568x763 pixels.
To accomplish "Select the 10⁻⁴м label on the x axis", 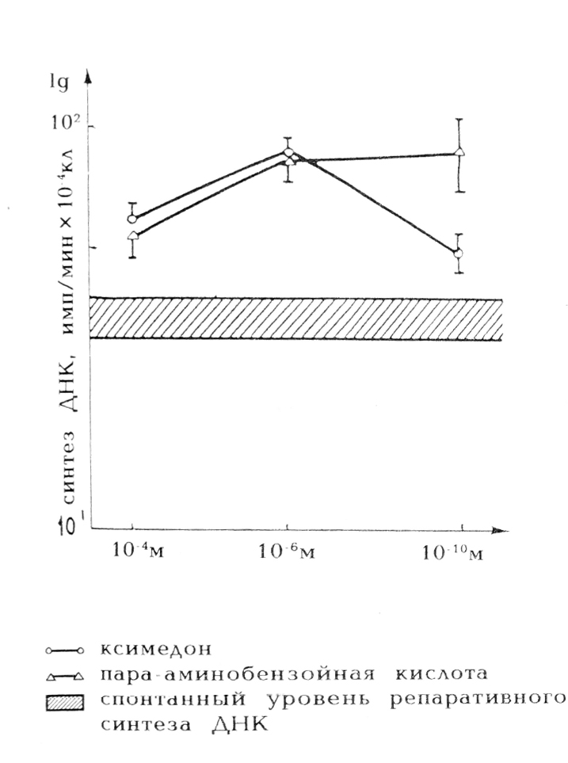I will tap(135, 551).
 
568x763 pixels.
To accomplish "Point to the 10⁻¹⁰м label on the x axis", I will tap(455, 551).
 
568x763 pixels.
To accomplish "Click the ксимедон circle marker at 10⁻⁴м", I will tap(132, 219).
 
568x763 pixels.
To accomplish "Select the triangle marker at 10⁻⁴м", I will tap(133, 235).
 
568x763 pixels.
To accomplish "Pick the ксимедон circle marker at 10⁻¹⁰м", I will tap(459, 254).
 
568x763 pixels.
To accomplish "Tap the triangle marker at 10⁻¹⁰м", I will tap(460, 152).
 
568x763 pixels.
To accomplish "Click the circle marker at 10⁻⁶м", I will tap(288, 152).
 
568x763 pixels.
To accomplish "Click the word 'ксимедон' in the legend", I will tap(155, 650).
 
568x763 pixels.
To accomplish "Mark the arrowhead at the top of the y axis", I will tap(89, 77).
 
